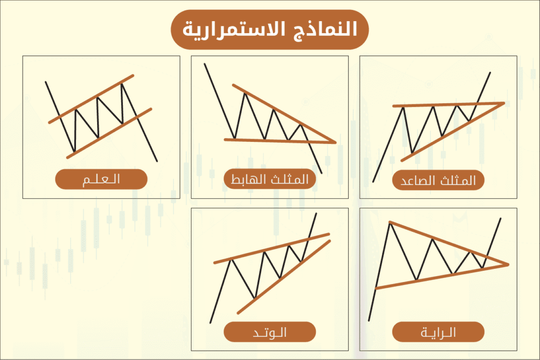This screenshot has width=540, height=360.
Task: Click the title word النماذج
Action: [326, 29]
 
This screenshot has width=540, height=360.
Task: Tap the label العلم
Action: [101, 179]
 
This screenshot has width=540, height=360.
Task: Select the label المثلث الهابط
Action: [269, 179]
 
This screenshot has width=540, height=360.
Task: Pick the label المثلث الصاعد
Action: [438, 180]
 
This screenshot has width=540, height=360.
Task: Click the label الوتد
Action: [269, 332]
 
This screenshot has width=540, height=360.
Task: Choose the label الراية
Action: [438, 332]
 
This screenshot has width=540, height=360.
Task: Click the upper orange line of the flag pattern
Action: [91, 99]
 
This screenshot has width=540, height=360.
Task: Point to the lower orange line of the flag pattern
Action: [109, 133]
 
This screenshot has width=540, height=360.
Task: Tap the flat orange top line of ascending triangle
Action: [448, 104]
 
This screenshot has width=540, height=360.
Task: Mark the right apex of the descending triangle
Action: [335, 142]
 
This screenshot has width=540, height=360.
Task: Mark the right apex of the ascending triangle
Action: [504, 103]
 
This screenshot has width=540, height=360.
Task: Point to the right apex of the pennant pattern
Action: [508, 264]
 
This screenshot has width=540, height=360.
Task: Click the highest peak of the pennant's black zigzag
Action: [390, 223]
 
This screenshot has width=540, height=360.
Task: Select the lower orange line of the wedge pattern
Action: [284, 277]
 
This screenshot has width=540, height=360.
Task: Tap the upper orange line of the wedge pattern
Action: [272, 248]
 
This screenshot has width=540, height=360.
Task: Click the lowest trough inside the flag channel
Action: [74, 151]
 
